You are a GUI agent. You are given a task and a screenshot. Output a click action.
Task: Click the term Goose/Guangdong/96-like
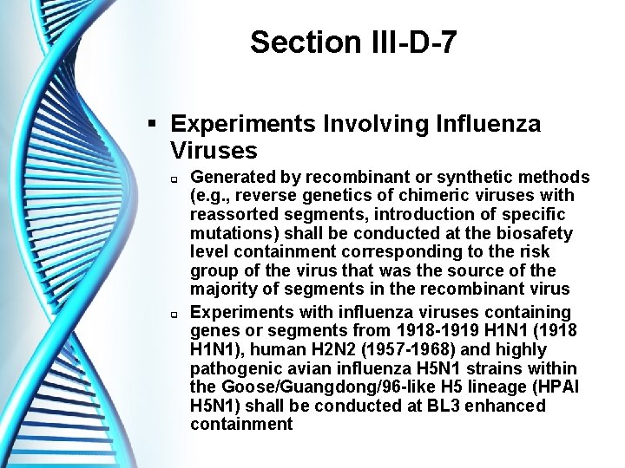point(312,387)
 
